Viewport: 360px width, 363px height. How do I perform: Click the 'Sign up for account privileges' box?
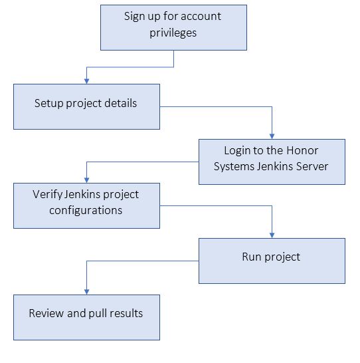[x=173, y=27]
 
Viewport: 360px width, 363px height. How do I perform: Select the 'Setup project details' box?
[x=86, y=106]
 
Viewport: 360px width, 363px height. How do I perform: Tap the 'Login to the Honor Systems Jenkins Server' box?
[x=272, y=161]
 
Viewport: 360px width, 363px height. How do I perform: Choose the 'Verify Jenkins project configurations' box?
[x=86, y=205]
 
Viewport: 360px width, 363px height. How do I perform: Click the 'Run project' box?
[x=272, y=261]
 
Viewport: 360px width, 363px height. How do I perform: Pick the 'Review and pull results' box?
[x=86, y=317]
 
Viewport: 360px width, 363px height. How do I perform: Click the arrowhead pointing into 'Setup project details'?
[x=86, y=80]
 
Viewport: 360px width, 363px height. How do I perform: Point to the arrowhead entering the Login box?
[x=272, y=136]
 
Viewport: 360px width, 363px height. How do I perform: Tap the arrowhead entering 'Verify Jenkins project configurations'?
[x=86, y=180]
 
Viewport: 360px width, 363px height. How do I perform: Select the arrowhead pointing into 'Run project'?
[x=272, y=235]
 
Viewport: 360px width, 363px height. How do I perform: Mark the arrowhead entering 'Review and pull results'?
[x=86, y=291]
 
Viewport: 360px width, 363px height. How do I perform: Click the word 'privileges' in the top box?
[x=173, y=33]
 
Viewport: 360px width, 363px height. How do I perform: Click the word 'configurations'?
[x=86, y=210]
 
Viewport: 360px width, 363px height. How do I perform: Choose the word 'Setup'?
[x=49, y=104]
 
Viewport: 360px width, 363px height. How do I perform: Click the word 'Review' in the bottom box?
[x=46, y=313]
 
